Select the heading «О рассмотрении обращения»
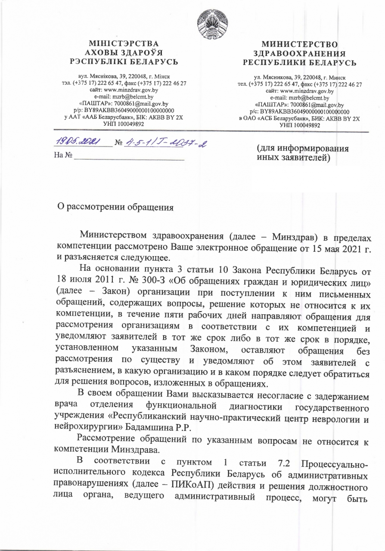pyautogui.click(x=116, y=207)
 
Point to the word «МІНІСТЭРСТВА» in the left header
pyautogui.click(x=124, y=43)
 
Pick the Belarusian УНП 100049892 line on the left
pyautogui.click(x=124, y=124)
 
